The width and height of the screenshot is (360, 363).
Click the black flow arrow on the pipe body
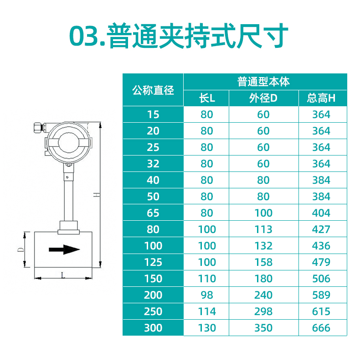coord(64,249)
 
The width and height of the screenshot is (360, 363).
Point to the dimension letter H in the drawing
coord(96,195)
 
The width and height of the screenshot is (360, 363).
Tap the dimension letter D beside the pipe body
coord(21,250)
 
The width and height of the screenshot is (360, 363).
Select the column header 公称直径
coord(153,90)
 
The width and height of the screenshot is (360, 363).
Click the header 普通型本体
coord(263,82)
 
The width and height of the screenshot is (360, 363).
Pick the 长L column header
coord(206,98)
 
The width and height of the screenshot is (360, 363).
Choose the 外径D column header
coord(263,98)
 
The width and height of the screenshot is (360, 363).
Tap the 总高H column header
coord(321,98)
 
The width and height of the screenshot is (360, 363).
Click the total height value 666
coord(321,328)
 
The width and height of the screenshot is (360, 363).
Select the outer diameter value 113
coord(263,229)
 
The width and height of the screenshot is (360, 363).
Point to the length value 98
coord(206,295)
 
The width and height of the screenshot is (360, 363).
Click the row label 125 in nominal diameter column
coord(153,262)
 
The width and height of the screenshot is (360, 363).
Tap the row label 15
coord(153,114)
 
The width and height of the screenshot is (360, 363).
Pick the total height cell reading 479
coord(321,262)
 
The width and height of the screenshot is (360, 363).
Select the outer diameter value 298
coord(263,311)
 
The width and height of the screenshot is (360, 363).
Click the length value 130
coord(206,328)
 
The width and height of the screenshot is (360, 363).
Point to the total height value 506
coord(321,279)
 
